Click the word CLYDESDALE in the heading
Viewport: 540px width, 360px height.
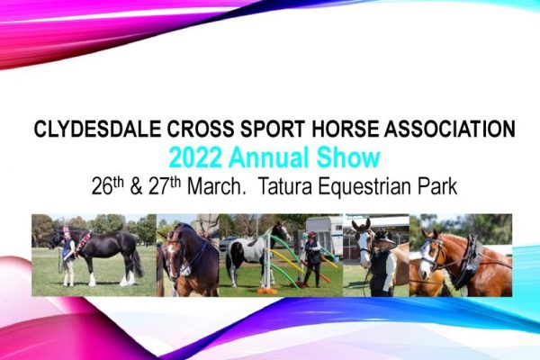97,129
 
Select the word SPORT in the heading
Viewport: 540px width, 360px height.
273,129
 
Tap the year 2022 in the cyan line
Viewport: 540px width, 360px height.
195,157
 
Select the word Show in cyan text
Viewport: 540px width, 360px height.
348,157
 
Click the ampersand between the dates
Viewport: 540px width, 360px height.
136,186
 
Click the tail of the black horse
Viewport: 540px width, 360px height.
138,263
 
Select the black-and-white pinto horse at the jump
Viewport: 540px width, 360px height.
253,253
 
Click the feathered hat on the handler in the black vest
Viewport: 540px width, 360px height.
383,236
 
